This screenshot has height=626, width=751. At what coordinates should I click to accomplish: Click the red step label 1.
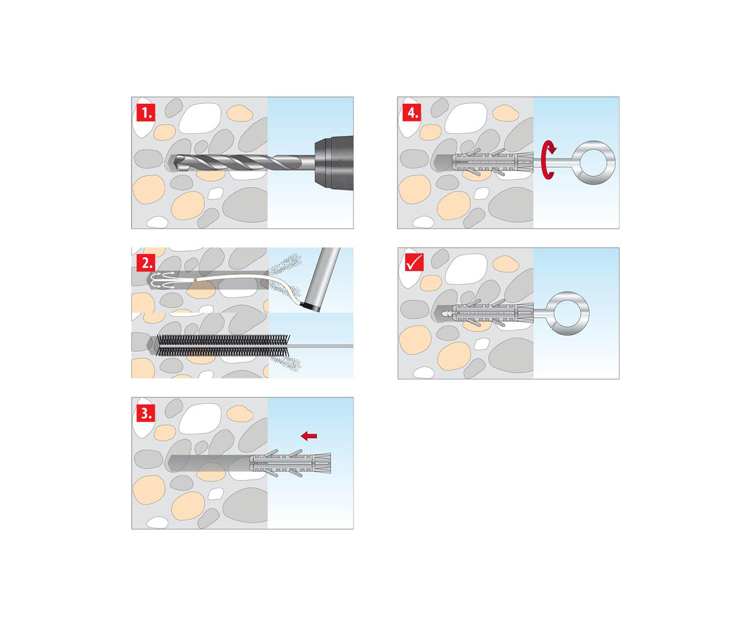pos(146,113)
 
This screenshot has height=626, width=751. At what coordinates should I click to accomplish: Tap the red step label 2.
pos(146,263)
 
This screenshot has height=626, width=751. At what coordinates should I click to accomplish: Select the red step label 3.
pos(146,413)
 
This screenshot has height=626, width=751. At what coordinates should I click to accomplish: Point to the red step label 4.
pos(412,113)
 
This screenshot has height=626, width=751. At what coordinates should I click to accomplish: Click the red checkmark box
pos(414,262)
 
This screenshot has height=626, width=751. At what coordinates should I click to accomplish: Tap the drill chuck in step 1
pos(334,163)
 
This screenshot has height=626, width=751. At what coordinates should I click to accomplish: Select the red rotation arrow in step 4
pos(548,160)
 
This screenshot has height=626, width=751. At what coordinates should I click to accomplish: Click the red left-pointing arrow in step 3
pos(309,436)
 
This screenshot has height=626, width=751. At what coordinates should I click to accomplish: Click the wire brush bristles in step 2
pos(223,346)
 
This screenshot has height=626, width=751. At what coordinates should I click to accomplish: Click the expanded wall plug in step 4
pos(493,163)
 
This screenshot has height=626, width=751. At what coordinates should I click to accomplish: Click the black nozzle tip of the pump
pos(310,307)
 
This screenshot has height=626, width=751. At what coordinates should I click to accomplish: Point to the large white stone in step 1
pos(200,118)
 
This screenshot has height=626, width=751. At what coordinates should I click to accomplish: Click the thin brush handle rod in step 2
pos(321,346)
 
